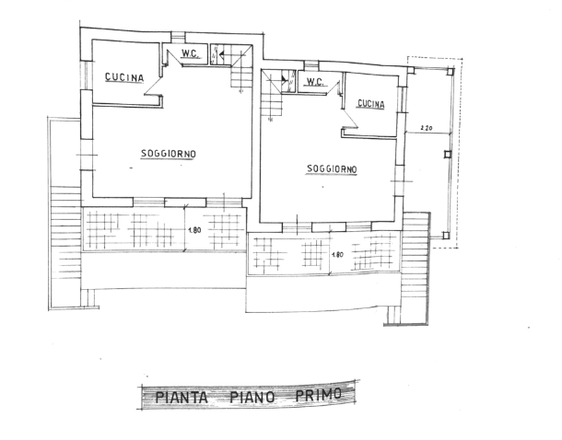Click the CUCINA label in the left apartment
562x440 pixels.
(124, 77)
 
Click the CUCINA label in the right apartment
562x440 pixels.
(371, 104)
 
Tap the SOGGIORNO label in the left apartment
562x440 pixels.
(169, 154)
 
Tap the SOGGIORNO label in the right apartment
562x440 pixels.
(332, 168)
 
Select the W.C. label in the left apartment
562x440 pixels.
(190, 53)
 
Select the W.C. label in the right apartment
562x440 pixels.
(314, 82)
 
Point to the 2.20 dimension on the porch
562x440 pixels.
(426, 127)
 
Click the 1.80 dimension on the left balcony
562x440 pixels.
(194, 230)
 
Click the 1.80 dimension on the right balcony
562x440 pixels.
(337, 255)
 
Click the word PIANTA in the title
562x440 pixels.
(181, 398)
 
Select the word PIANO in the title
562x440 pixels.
(252, 397)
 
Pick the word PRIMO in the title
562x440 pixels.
(318, 395)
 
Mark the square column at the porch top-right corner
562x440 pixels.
(451, 72)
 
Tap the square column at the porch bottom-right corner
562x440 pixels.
(446, 236)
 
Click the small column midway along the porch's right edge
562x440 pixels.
(448, 155)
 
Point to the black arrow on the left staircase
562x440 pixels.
(222, 55)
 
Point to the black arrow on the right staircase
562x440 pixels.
(285, 80)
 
